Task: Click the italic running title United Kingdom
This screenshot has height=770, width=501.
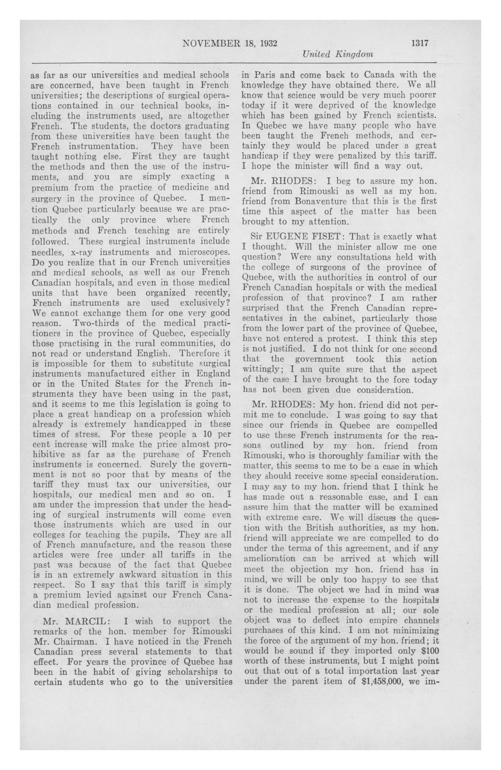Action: point(338,54)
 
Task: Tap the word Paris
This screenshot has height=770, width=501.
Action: point(265,75)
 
